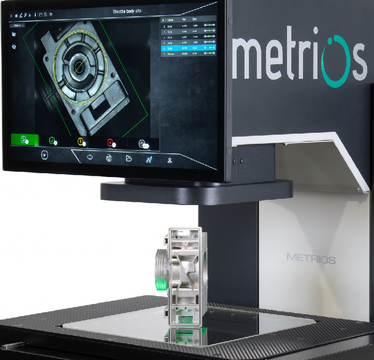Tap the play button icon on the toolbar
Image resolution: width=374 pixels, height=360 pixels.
(x=44, y=155)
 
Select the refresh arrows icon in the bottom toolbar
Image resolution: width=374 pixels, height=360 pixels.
(x=90, y=157)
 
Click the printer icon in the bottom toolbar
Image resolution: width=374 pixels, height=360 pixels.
(x=109, y=158)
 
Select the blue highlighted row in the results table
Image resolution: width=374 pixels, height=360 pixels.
(x=188, y=48)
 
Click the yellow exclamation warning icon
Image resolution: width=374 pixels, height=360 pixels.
(x=81, y=141)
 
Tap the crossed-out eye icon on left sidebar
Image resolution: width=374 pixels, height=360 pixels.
(x=14, y=47)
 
